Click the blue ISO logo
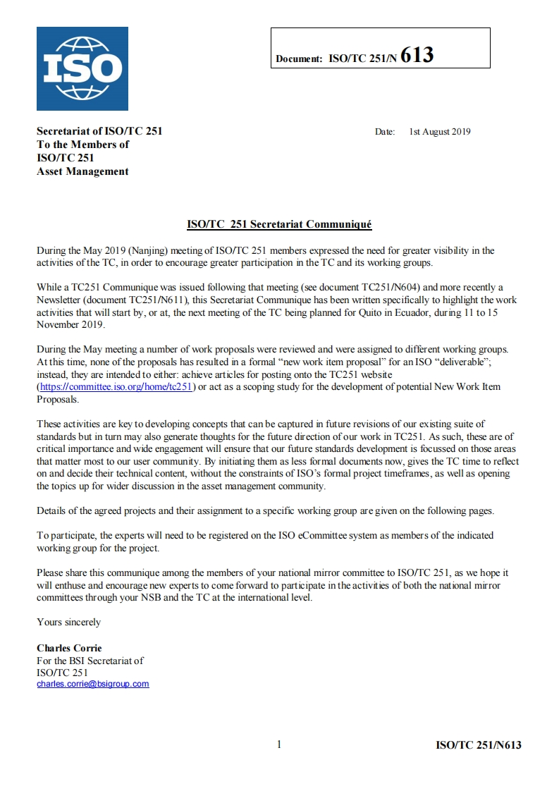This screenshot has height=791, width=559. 82,68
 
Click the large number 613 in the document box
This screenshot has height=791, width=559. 417,56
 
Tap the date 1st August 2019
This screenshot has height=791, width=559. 439,132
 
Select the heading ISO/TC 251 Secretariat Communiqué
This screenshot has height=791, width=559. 279,224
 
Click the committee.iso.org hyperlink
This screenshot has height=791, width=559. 116,388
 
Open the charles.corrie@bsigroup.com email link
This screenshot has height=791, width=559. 93,684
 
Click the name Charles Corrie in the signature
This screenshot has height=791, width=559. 69,647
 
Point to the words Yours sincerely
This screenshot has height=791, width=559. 68,622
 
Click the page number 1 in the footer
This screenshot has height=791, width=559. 279,744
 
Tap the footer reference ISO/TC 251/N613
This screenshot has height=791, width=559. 479,745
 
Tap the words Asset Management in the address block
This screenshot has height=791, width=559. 82,171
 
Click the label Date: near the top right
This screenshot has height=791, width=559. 385,132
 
